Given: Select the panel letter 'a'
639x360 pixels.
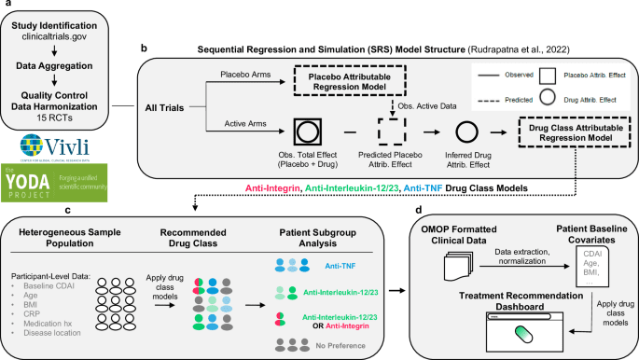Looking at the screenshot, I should coord(6,7).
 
